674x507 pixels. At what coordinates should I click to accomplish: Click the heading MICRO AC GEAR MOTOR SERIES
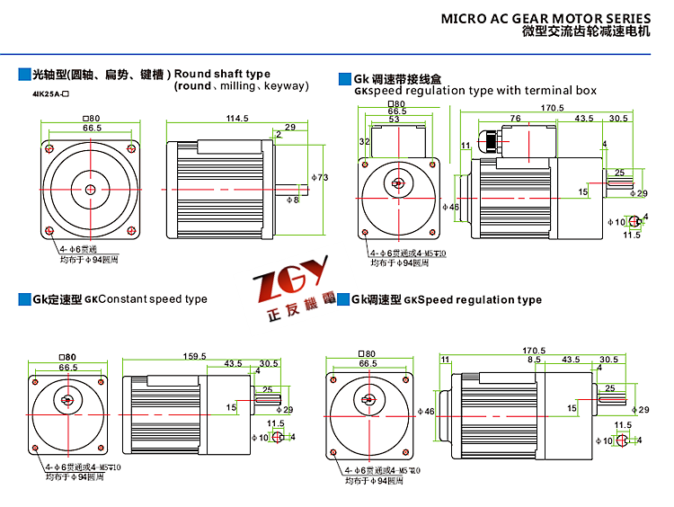(x=545, y=18)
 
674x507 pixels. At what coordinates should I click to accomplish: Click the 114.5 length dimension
(x=236, y=119)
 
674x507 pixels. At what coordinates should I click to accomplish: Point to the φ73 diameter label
(x=319, y=177)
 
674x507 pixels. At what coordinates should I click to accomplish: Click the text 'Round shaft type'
(x=222, y=73)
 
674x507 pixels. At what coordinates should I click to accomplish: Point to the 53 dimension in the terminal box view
(x=394, y=119)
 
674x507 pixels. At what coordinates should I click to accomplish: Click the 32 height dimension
(x=365, y=142)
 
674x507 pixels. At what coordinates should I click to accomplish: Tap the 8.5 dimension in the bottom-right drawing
(x=535, y=360)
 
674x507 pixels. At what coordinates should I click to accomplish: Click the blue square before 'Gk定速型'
(x=23, y=299)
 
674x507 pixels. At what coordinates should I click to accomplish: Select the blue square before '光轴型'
(x=23, y=74)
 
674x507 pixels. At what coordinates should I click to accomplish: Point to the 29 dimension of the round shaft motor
(x=289, y=127)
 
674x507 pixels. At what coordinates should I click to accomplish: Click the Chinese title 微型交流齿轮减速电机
(x=585, y=31)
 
